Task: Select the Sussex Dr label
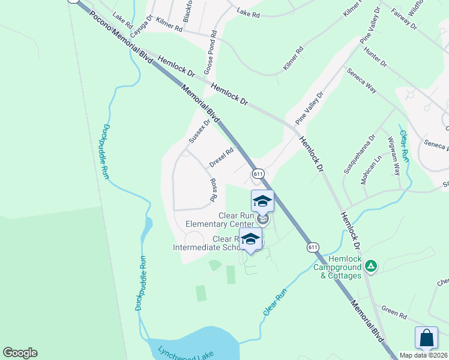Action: [x=200, y=131]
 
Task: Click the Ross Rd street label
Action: [x=212, y=190]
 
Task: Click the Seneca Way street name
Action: [x=361, y=80]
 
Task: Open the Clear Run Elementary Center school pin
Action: [x=262, y=201]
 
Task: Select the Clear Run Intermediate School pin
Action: [x=250, y=239]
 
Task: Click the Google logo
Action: [x=20, y=353]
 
